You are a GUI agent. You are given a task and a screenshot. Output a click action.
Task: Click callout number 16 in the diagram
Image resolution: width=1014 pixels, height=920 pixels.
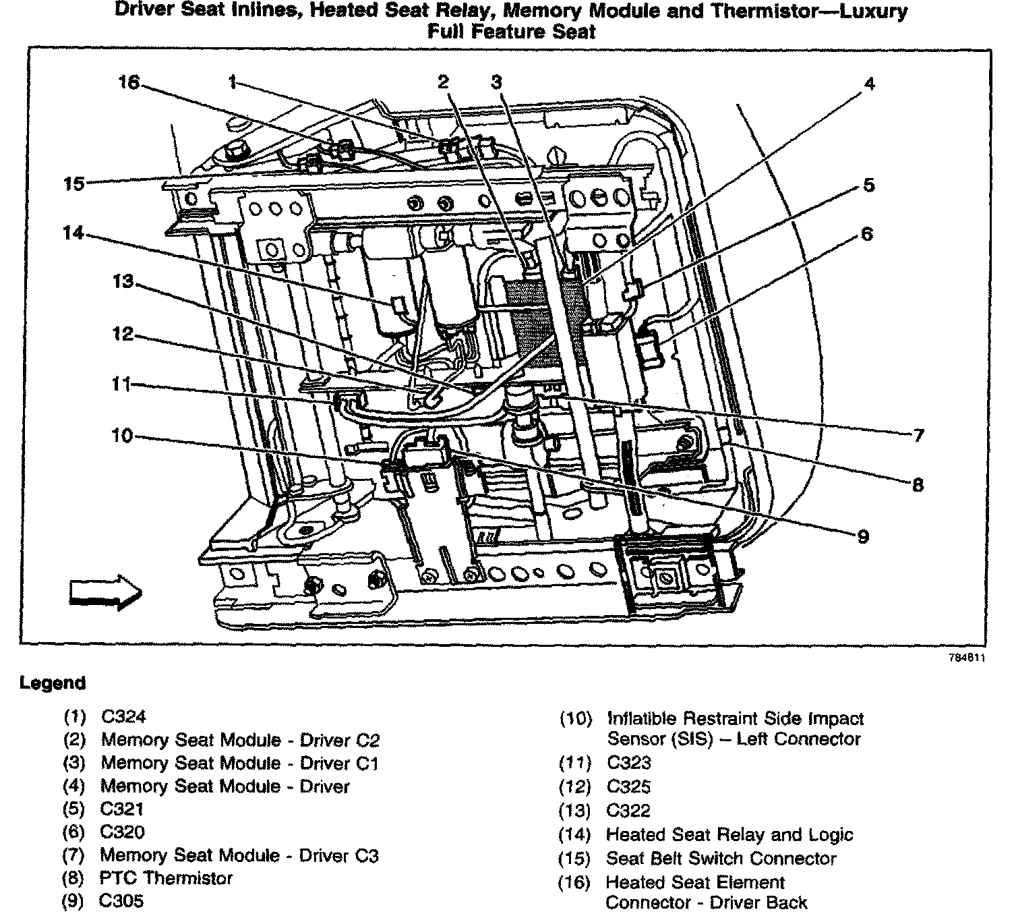tap(128, 82)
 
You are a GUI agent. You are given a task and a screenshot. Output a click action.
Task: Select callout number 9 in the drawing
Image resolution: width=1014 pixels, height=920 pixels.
tap(863, 537)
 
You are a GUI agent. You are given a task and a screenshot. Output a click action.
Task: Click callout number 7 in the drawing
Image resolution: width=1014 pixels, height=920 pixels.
tap(918, 436)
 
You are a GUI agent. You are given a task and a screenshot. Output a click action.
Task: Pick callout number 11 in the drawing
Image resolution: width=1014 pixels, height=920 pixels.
tap(121, 384)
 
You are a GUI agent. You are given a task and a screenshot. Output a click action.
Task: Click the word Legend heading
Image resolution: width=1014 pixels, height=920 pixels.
tap(53, 683)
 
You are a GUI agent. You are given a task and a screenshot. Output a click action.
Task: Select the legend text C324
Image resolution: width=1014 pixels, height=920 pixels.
tap(123, 716)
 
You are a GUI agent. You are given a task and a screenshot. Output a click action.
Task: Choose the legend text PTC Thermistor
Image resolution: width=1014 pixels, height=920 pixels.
tap(166, 878)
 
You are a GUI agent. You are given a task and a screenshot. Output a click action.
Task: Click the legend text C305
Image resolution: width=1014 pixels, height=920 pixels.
tap(121, 901)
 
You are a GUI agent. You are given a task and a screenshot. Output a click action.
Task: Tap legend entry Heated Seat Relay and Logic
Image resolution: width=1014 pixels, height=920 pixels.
tap(729, 835)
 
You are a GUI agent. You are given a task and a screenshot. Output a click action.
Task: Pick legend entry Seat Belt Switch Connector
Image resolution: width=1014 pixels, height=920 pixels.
tap(721, 859)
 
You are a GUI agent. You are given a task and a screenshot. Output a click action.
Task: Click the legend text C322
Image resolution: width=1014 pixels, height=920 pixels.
tap(628, 811)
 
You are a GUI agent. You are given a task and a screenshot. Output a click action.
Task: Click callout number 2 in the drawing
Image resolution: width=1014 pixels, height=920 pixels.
tap(443, 82)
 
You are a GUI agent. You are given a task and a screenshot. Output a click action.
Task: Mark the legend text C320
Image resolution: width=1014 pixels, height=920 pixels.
tap(122, 832)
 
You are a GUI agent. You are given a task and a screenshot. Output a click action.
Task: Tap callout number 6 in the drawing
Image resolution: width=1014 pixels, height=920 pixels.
tap(867, 234)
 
